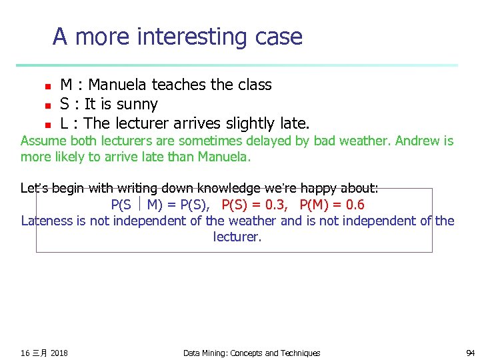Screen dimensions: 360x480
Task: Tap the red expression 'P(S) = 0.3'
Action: pos(255,205)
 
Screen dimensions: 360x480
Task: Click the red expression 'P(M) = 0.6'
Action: pos(332,205)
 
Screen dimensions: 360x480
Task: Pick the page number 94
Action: pos(470,353)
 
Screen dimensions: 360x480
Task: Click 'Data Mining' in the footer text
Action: pos(204,353)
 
